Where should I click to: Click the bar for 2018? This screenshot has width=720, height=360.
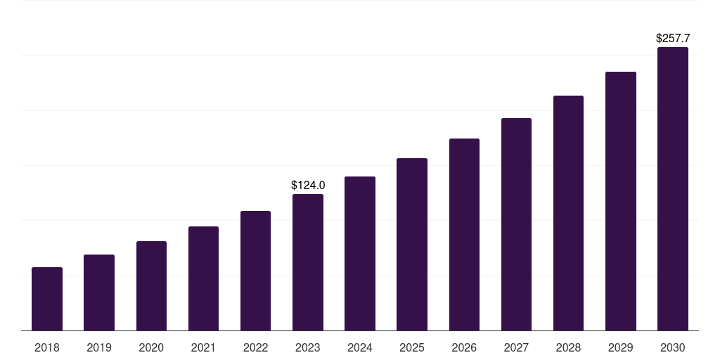(x=47, y=299)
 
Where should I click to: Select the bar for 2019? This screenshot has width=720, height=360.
(x=99, y=292)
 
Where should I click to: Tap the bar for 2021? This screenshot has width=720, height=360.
(x=203, y=278)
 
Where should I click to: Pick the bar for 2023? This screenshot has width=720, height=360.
(x=308, y=262)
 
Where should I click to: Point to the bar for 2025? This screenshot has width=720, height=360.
(x=412, y=244)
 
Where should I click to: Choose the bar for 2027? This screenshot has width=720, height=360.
(x=516, y=224)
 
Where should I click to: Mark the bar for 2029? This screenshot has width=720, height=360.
(x=621, y=201)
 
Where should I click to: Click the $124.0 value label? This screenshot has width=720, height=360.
(x=308, y=186)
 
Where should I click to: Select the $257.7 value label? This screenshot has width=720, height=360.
(x=673, y=39)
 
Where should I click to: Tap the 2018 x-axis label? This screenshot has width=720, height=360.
(x=47, y=347)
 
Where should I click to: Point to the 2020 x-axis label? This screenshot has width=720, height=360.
(x=151, y=347)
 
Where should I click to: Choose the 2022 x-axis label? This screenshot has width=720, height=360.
(x=256, y=347)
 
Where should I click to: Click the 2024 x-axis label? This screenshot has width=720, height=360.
(x=360, y=347)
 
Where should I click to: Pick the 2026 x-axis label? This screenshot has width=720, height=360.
(x=464, y=347)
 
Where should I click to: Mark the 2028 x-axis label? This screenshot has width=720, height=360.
(x=569, y=347)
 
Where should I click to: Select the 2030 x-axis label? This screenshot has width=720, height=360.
(x=673, y=347)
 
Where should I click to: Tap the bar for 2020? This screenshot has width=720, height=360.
(x=151, y=285)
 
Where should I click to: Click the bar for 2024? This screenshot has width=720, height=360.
(x=360, y=253)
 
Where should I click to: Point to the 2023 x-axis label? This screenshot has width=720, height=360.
(x=308, y=347)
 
